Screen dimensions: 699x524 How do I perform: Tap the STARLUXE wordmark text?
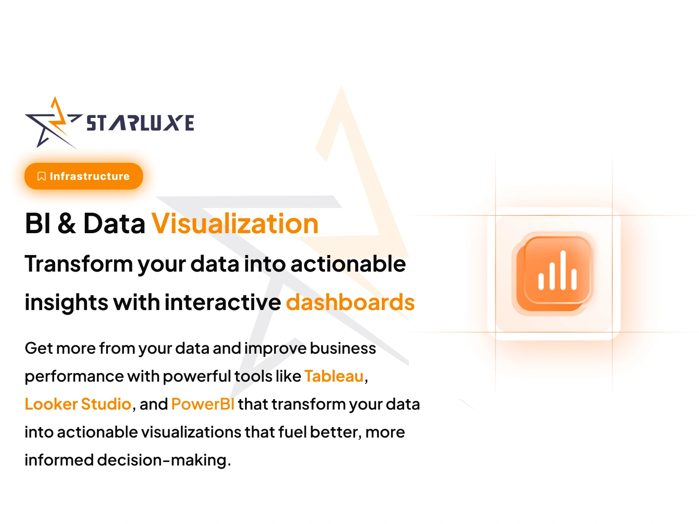click(x=140, y=123)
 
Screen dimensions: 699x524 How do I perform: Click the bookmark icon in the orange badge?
click(x=42, y=176)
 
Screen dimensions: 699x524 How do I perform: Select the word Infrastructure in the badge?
click(x=90, y=176)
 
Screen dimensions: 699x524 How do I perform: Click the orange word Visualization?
click(x=235, y=223)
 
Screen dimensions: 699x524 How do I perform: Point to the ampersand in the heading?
click(x=67, y=223)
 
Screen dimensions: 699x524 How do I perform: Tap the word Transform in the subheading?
click(x=79, y=264)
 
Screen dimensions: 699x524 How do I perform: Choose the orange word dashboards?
click(x=350, y=302)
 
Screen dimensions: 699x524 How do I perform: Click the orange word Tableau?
click(x=334, y=376)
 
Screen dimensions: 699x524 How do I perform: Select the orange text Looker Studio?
click(x=78, y=404)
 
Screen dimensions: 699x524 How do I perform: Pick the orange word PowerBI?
click(x=203, y=404)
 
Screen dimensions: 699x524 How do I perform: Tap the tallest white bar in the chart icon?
click(x=563, y=270)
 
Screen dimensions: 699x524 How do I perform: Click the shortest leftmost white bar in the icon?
click(x=541, y=282)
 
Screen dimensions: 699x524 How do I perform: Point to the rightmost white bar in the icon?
click(x=574, y=279)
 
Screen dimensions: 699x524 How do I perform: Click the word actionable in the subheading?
click(x=348, y=264)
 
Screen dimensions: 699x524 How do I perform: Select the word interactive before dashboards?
click(x=223, y=302)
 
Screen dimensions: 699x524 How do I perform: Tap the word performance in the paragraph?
click(x=74, y=377)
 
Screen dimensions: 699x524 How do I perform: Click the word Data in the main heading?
click(x=114, y=223)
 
